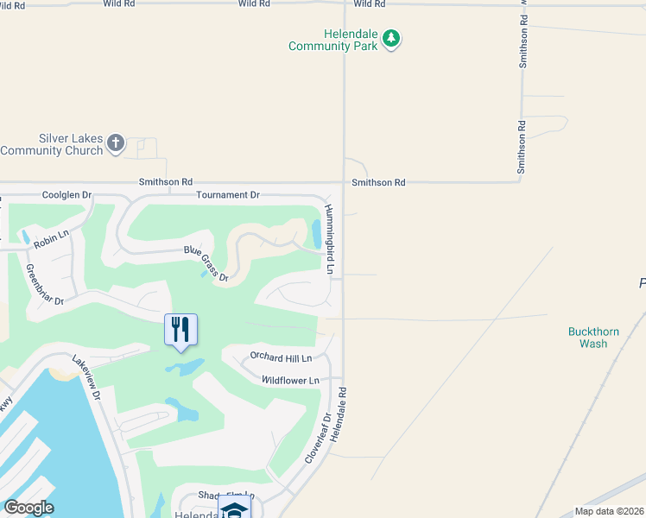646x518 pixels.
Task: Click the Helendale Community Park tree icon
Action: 392,38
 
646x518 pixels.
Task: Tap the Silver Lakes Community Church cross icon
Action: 116,144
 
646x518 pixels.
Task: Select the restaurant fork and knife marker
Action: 180,330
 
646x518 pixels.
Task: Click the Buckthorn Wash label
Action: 587,338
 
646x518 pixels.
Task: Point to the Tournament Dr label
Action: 228,195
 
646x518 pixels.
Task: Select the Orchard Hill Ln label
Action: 280,356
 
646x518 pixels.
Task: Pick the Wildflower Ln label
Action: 290,380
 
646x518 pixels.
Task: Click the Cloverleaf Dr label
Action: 317,437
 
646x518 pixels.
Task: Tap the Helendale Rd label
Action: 337,414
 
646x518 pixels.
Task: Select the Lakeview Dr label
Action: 86,379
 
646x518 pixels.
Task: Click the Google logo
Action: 28,507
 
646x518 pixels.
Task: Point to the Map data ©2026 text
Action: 610,512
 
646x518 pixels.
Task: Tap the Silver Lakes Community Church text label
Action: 52,144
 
